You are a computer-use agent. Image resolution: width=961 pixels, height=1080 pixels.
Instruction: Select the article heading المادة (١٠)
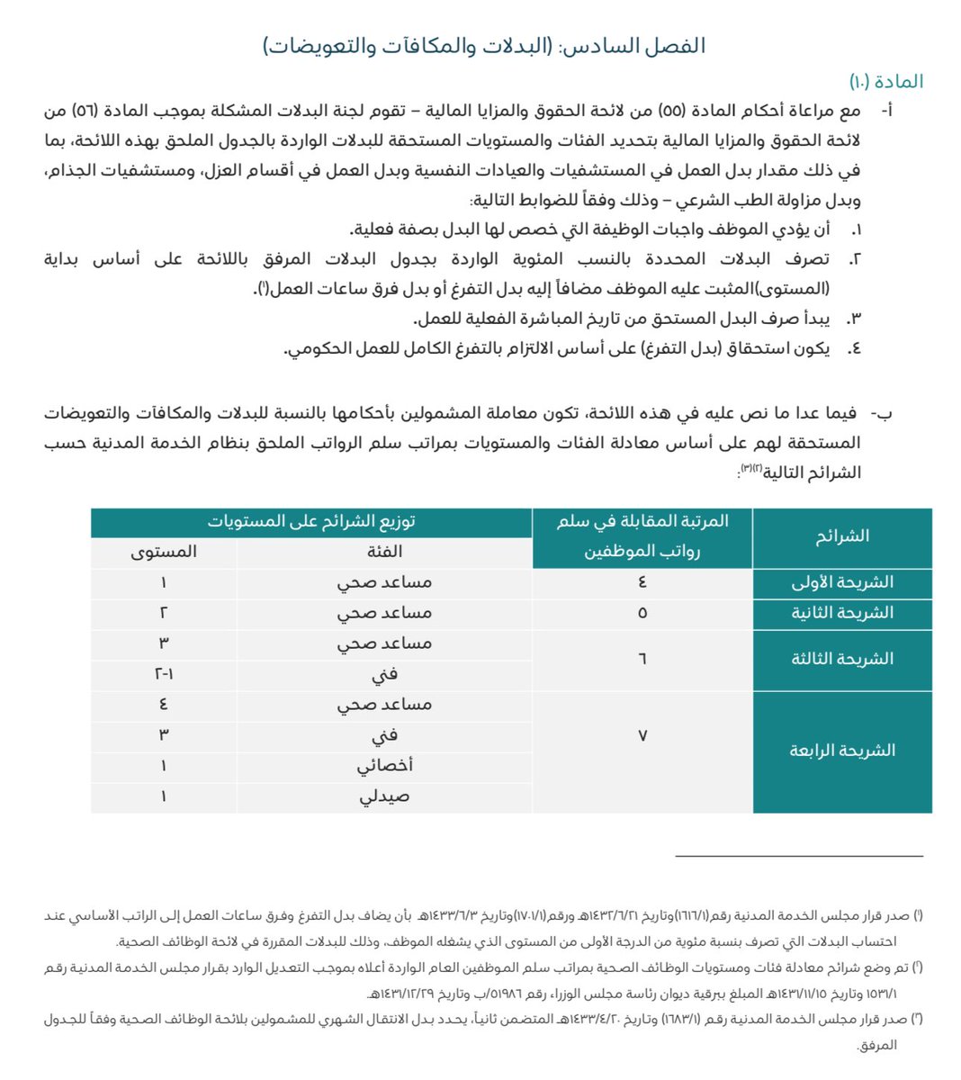[886, 82]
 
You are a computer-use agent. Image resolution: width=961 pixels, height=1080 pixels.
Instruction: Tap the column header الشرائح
[841, 537]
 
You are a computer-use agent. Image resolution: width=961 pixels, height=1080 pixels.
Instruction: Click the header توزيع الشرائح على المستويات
[311, 522]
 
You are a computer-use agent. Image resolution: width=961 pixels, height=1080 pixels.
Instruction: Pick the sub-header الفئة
[384, 552]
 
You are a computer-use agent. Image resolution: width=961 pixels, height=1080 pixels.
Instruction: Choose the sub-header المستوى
[163, 552]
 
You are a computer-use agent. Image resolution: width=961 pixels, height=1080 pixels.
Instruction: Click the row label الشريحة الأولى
[841, 582]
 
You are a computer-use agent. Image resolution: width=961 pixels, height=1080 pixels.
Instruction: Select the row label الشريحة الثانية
[841, 613]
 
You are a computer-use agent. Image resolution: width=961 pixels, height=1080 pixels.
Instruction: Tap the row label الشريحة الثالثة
[841, 659]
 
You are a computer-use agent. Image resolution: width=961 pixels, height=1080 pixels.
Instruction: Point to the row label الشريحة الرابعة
[841, 751]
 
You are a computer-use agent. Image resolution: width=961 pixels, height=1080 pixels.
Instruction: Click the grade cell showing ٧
[642, 735]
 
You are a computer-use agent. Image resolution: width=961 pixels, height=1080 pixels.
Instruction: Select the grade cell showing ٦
[642, 659]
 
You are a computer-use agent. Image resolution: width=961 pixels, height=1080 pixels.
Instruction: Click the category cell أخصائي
[384, 766]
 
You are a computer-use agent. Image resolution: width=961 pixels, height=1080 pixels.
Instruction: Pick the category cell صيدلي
[384, 796]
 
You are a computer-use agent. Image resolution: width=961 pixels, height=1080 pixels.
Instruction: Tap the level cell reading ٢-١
[163, 674]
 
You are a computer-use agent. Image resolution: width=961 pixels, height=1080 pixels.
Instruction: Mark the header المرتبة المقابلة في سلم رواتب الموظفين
[642, 536]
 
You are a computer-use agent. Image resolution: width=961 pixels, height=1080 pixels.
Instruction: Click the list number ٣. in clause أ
[855, 319]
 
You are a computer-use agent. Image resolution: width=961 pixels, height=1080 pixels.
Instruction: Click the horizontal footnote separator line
[799, 856]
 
